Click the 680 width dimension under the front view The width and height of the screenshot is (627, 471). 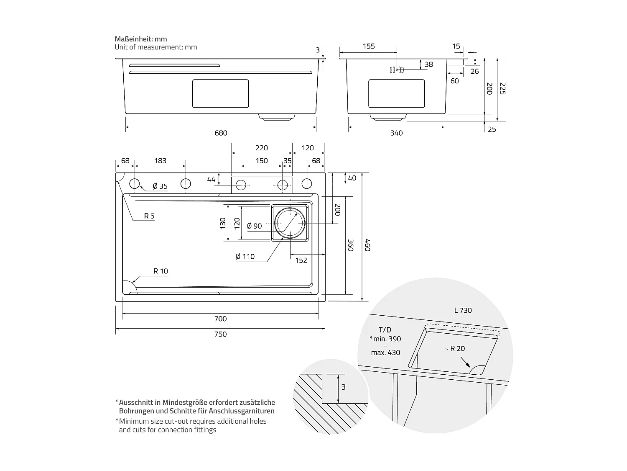(x=221, y=133)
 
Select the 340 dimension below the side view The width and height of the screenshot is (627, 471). (x=396, y=133)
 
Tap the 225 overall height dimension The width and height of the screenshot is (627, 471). (x=502, y=88)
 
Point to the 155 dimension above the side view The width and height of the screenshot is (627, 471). (x=369, y=46)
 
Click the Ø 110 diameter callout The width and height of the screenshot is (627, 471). (x=245, y=256)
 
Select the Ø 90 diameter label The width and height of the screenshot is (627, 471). (x=255, y=226)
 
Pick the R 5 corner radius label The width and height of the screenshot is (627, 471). (x=149, y=216)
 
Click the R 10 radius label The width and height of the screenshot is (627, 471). (x=161, y=271)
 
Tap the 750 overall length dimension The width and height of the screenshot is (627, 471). (x=220, y=334)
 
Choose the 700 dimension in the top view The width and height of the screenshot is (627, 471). (x=220, y=319)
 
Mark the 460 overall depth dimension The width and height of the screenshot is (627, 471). (x=367, y=245)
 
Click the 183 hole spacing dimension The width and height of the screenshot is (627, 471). (x=160, y=161)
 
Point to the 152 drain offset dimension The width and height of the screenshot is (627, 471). (x=301, y=260)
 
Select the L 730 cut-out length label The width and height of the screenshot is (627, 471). (x=463, y=310)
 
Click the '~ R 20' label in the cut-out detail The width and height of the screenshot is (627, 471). (x=454, y=348)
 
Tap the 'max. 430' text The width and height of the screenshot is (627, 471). (x=385, y=353)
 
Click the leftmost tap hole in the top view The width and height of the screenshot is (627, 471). (x=134, y=183)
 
